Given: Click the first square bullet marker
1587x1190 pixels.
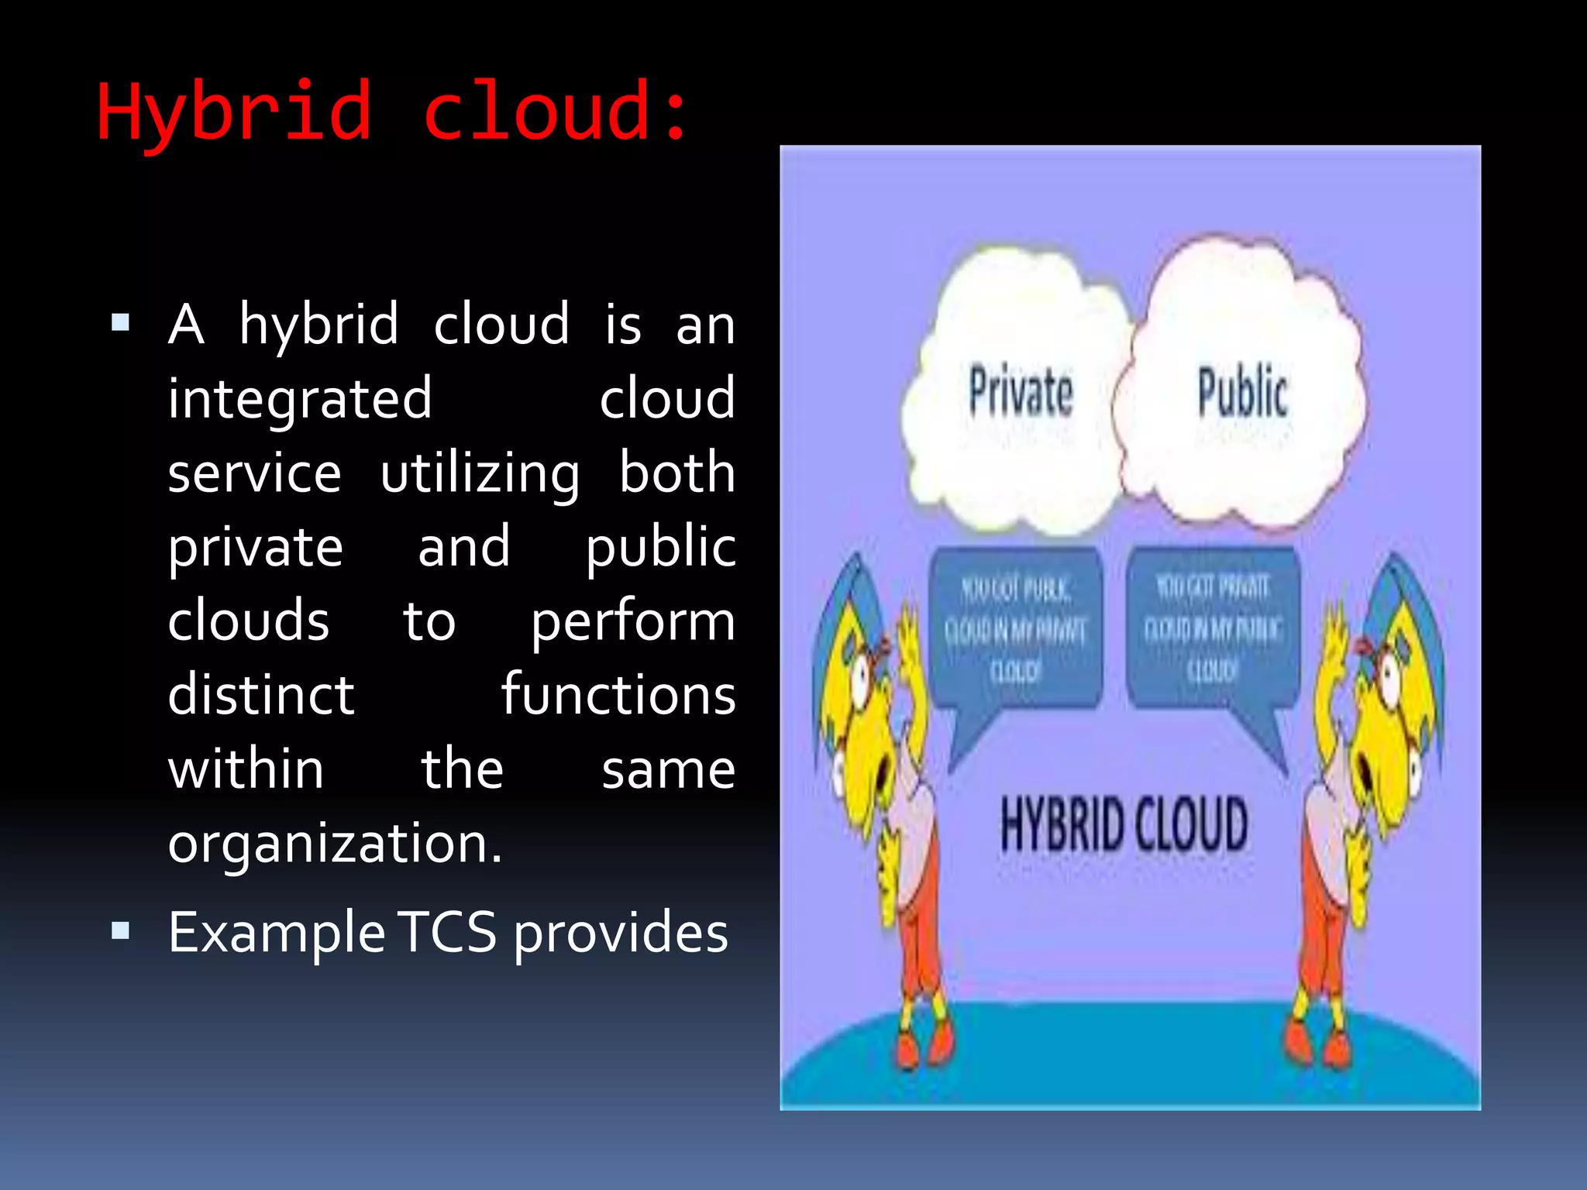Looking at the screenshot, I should click(120, 322).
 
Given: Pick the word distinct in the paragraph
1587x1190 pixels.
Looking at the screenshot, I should click(261, 695).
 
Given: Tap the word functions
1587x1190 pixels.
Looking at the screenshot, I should click(618, 695).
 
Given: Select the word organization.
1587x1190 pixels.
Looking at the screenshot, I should click(335, 844).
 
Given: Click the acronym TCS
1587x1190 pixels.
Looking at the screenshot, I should click(449, 932).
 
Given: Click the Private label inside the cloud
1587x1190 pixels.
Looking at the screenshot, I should click(1021, 391).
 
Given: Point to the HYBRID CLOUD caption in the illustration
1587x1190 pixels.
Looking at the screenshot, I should click(1124, 824).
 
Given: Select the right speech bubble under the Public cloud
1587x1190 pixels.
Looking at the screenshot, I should click(1212, 628).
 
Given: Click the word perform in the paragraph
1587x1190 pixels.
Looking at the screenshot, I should click(632, 622).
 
